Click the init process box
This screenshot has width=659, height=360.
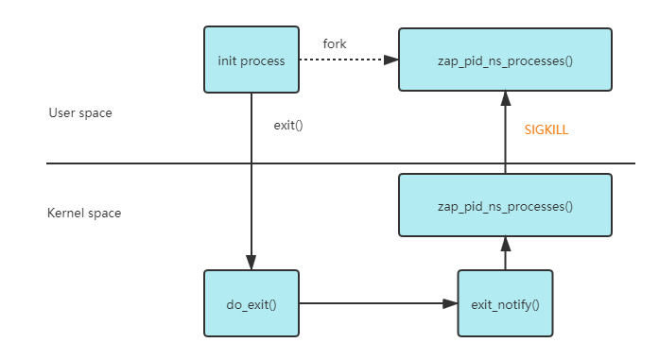(251, 60)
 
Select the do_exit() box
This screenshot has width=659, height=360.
(251, 303)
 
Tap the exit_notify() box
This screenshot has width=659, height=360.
(505, 303)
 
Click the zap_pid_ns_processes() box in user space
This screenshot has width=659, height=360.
(505, 60)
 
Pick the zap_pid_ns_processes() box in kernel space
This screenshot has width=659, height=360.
(505, 205)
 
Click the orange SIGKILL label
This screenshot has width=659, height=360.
(546, 129)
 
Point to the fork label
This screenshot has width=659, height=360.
(335, 43)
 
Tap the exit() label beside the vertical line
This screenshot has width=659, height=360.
(288, 125)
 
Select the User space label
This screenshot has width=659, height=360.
(80, 113)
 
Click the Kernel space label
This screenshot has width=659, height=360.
(84, 213)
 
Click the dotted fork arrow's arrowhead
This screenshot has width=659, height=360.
(390, 60)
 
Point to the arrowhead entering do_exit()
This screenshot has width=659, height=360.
(251, 263)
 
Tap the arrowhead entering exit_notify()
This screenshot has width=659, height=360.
(450, 303)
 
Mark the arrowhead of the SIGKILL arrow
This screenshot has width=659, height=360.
(506, 98)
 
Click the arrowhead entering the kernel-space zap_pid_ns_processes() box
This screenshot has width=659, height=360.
(506, 244)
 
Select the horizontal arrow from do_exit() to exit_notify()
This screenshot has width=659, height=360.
(378, 303)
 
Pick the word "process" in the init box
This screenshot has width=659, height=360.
(262, 61)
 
